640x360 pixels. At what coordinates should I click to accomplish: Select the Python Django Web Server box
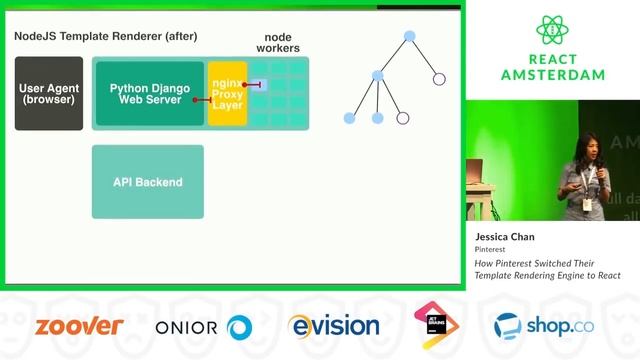point(150,93)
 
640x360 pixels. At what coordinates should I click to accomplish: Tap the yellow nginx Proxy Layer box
point(227,93)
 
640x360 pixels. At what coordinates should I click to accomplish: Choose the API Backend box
point(148,182)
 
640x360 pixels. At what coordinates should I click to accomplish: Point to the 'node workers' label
point(278,42)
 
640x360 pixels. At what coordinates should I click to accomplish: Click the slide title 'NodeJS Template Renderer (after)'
point(106,37)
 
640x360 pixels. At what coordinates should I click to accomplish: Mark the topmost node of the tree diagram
point(409,36)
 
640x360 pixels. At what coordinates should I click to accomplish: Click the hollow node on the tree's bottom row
point(403,118)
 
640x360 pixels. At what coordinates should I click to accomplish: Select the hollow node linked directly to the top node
point(438,78)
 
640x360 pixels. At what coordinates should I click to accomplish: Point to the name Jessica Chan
point(505,237)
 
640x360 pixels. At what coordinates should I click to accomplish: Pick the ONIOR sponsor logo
point(203,327)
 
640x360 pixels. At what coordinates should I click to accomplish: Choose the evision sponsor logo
point(334,326)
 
